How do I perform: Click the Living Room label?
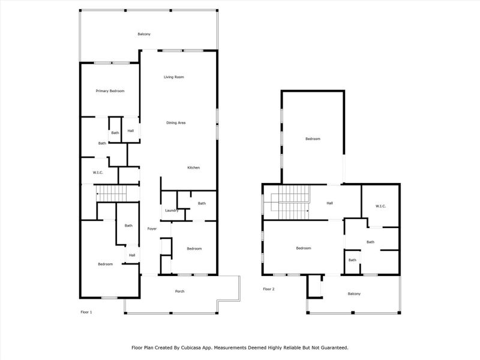click(174, 77)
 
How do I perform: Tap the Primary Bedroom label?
click(110, 91)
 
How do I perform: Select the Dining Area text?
click(176, 122)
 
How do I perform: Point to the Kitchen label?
click(193, 167)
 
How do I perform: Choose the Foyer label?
click(152, 229)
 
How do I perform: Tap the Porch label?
click(179, 292)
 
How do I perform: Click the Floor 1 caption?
click(86, 312)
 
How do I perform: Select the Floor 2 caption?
click(268, 289)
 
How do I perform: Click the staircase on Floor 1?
click(113, 193)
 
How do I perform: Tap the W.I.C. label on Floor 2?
click(380, 206)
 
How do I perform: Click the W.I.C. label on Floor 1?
click(98, 173)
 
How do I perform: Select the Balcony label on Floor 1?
click(144, 34)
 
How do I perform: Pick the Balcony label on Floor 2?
click(355, 293)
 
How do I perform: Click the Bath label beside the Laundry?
click(202, 203)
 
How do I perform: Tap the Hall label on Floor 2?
click(329, 203)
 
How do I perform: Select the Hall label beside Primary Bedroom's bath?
click(130, 131)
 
